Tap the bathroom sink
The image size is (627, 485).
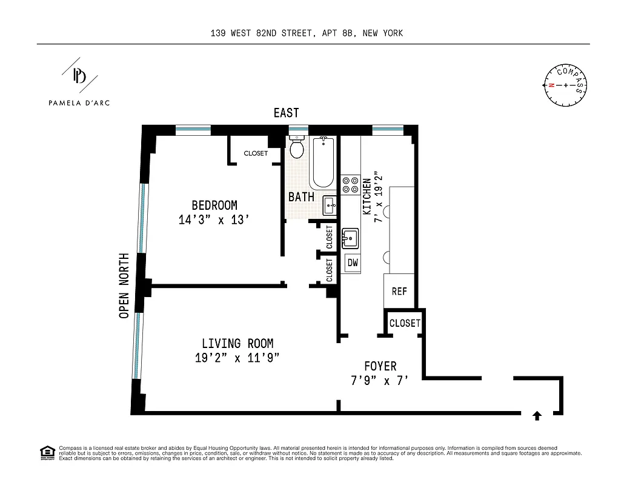coord(330,206)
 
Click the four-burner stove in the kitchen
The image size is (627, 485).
coord(350,184)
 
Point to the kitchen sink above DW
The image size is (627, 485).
coord(350,238)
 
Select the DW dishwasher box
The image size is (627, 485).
coord(352,263)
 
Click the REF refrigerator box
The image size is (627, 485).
coord(399,291)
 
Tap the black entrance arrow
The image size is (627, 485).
coord(537,415)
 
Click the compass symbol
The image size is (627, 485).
coord(566,85)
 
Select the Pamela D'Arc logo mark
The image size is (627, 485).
coord(79,75)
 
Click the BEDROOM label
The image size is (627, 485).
coord(214,206)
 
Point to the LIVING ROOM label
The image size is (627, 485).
coord(237,344)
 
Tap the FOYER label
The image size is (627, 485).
coord(380,366)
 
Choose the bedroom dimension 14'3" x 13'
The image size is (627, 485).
coord(214,220)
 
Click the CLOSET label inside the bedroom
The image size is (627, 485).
coord(256,153)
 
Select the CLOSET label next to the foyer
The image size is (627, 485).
coord(404,323)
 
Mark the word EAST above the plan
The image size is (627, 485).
coord(286,113)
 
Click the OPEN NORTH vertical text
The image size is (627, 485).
coord(124,285)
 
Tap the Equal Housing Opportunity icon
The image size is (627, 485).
coord(46,452)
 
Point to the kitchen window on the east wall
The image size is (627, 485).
coord(388,129)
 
